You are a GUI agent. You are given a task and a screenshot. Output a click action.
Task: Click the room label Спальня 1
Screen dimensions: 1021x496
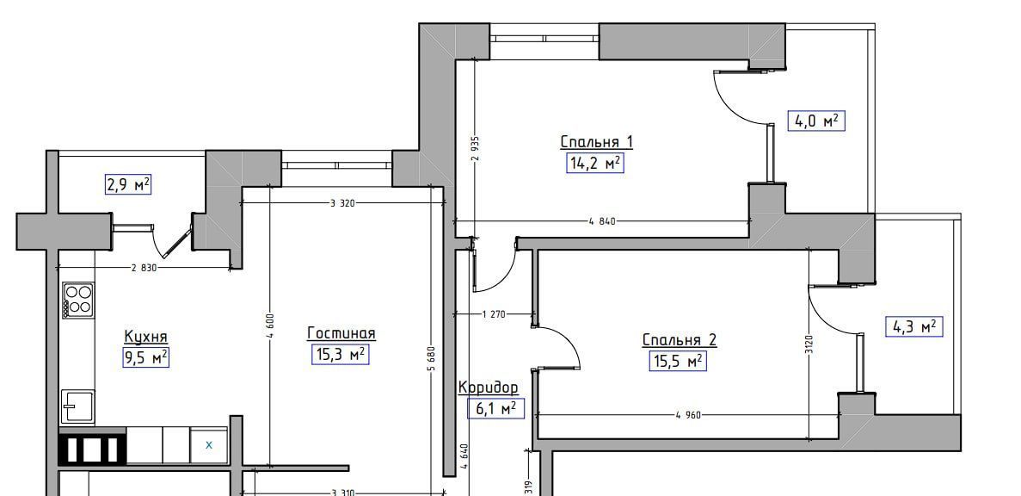(596, 142)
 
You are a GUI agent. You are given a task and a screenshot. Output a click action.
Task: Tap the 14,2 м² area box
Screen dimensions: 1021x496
(595, 163)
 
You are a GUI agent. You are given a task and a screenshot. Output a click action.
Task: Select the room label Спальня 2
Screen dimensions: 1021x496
(680, 340)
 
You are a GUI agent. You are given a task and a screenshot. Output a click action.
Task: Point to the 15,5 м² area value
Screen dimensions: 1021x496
(677, 361)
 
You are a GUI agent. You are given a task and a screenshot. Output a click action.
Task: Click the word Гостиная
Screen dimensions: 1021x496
(341, 334)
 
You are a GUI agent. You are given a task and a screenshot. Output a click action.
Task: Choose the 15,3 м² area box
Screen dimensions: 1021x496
(340, 354)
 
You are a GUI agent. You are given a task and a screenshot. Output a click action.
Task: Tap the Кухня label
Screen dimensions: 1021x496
(146, 337)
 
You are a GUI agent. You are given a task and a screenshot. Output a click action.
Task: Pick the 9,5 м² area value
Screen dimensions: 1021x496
(146, 357)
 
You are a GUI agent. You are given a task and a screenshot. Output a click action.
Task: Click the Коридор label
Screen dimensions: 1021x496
(489, 387)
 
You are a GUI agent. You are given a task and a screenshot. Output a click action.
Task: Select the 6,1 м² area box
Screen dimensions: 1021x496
(495, 408)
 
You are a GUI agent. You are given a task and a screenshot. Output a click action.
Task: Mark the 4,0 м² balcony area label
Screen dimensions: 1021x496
(816, 121)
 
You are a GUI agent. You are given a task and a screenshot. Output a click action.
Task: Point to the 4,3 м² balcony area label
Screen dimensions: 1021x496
(915, 326)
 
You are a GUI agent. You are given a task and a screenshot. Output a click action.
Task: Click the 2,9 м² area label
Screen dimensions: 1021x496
(127, 185)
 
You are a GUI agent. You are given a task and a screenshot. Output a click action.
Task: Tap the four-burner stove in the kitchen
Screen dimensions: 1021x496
(78, 300)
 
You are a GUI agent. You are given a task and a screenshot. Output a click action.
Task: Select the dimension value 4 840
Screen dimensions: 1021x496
(601, 221)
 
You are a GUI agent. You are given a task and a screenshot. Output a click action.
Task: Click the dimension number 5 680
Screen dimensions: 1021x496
(431, 362)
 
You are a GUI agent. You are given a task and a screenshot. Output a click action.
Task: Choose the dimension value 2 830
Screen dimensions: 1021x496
(145, 267)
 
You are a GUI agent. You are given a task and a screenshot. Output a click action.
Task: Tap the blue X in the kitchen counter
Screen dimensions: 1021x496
(209, 445)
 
